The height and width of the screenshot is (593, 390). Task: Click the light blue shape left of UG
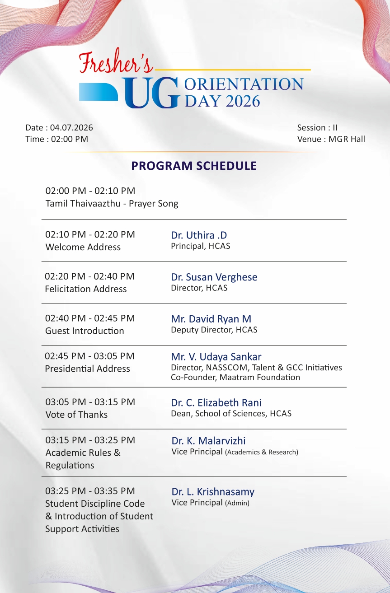[x=99, y=92]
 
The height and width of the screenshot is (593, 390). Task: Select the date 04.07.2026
[x=71, y=128]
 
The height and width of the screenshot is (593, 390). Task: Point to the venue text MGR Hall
[x=347, y=139]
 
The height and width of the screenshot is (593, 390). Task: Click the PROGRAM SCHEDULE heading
[x=194, y=166]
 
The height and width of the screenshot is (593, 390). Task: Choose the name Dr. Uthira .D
[x=199, y=235]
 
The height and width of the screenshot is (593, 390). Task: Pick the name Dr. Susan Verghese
[x=214, y=277]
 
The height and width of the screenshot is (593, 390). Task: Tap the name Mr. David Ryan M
[x=211, y=319]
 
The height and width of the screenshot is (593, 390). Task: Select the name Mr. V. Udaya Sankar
[x=216, y=357]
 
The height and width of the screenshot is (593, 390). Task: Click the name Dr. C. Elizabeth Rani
[x=216, y=403]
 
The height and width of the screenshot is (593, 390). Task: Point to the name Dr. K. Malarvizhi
[x=208, y=441]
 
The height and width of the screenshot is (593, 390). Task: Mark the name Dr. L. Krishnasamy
[x=213, y=492]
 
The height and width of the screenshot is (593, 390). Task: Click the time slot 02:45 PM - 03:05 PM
[x=89, y=356]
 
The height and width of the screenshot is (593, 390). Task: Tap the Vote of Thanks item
[x=76, y=415]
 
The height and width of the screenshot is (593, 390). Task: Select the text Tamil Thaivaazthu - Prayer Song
[x=112, y=204]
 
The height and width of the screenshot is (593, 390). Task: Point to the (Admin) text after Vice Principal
[x=237, y=503]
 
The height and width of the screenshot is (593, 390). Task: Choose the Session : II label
[x=317, y=128]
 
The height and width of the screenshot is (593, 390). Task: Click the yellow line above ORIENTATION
[x=233, y=70]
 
